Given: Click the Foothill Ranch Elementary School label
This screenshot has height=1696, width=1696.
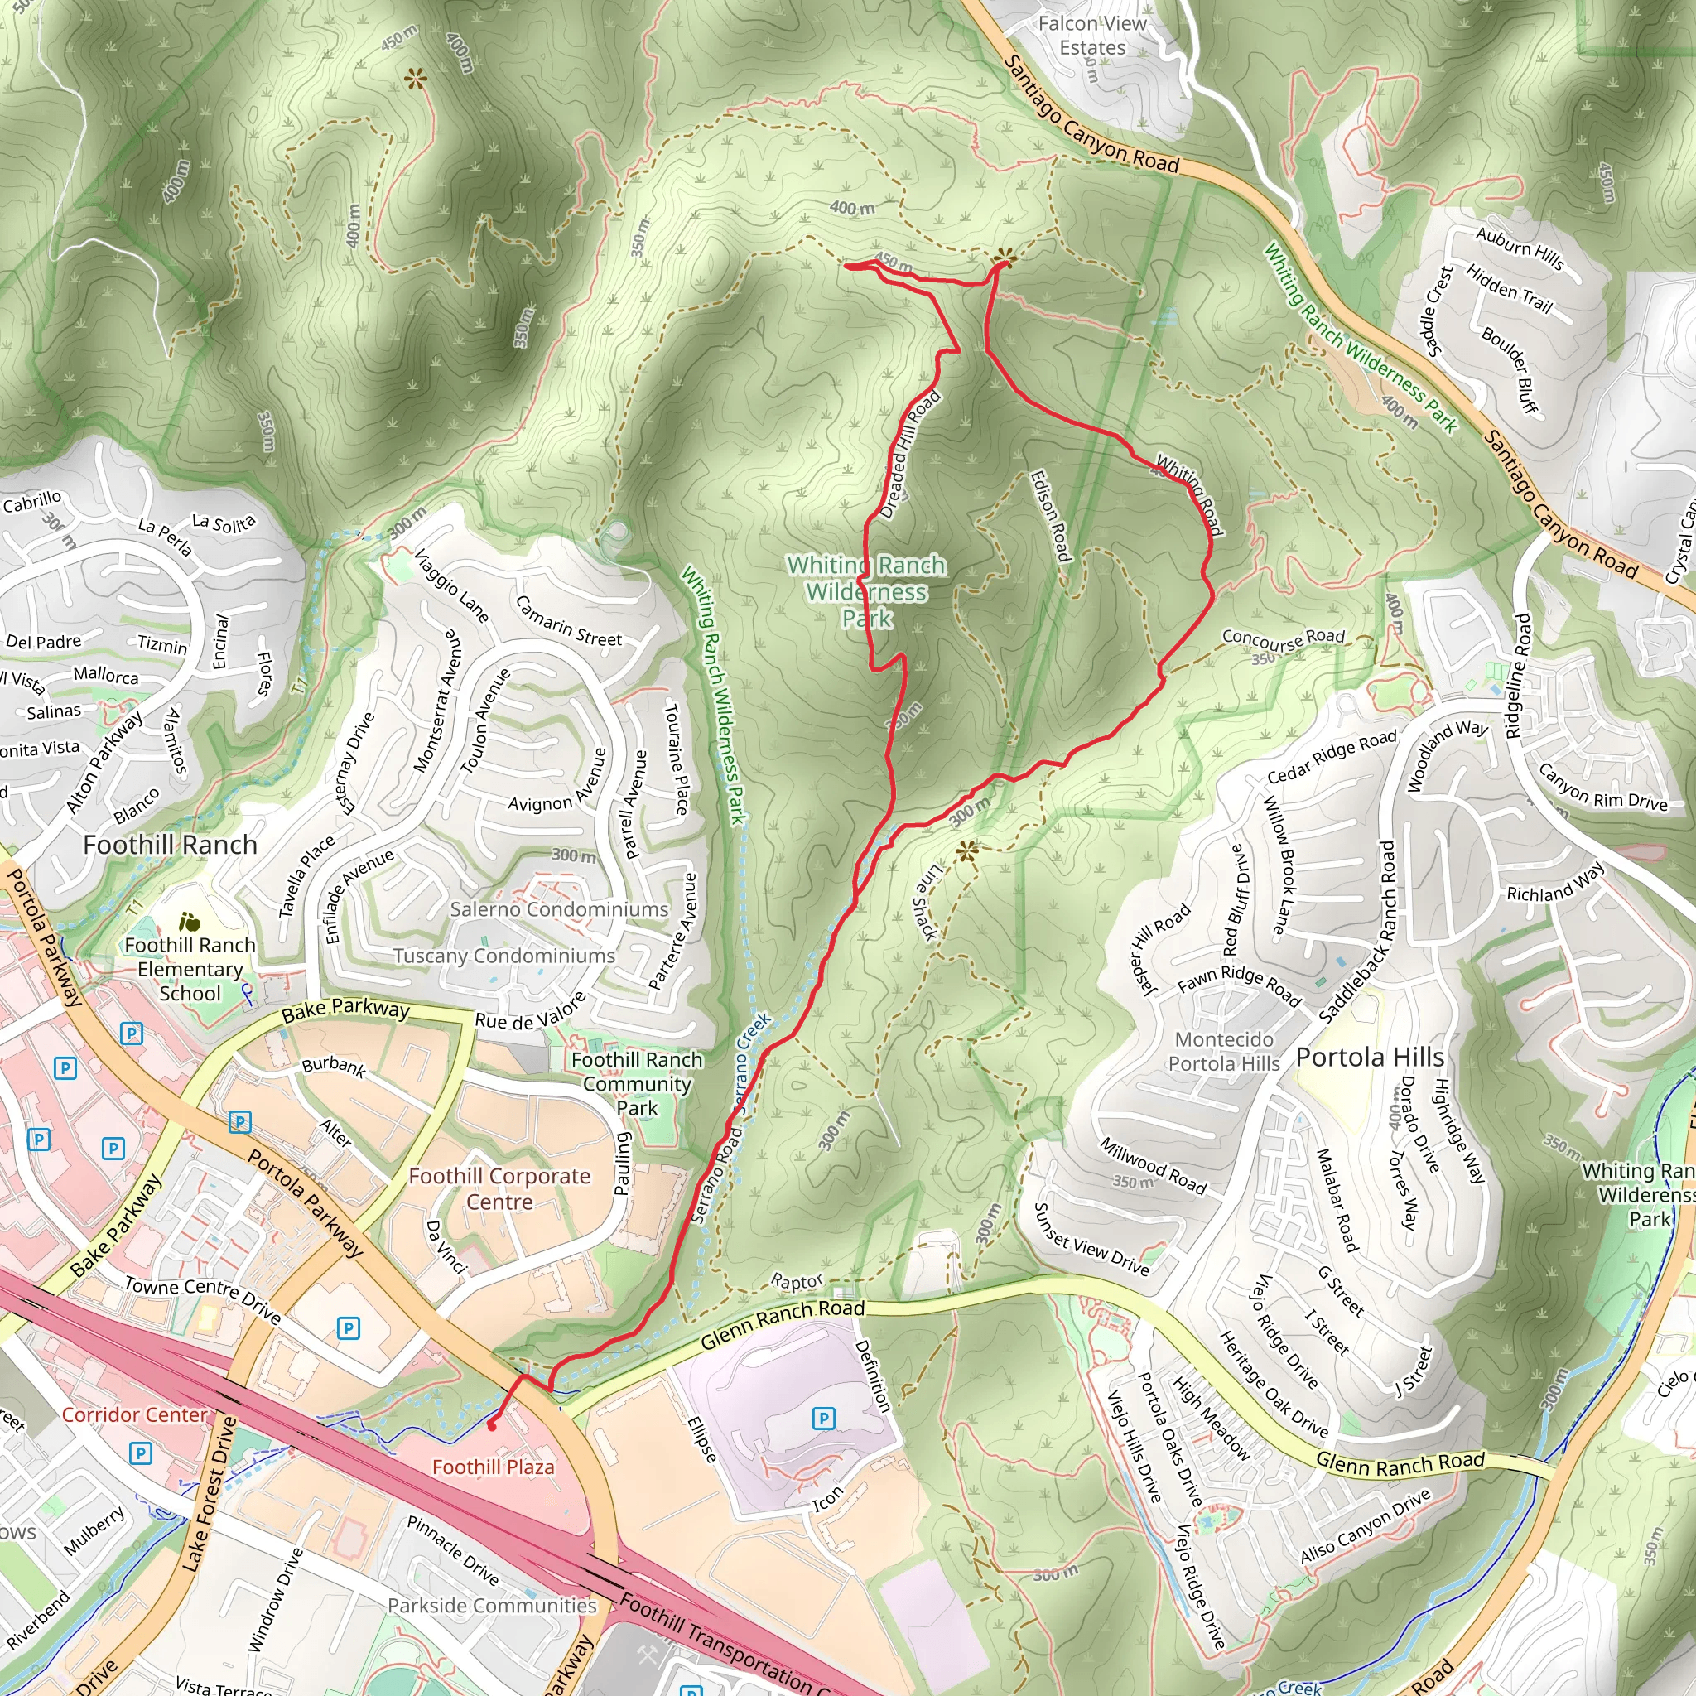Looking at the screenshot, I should [x=190, y=969].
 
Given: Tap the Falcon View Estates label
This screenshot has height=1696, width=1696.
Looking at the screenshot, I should [x=1092, y=36].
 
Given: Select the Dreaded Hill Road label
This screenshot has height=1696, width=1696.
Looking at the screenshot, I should [x=909, y=455].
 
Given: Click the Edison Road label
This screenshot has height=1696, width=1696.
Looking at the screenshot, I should [x=1051, y=516].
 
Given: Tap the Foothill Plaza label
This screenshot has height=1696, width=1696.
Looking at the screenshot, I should [x=494, y=1467].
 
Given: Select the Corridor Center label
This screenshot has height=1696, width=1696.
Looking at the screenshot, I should [x=134, y=1414].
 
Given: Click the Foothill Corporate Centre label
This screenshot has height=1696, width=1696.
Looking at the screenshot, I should [x=499, y=1188].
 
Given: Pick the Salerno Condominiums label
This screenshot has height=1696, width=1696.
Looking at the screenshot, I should [x=559, y=909].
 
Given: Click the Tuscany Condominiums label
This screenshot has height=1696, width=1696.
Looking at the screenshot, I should [x=503, y=956].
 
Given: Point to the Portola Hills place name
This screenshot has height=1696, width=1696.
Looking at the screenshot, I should [x=1370, y=1057].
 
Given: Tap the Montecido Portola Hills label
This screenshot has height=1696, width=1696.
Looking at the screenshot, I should [x=1224, y=1052].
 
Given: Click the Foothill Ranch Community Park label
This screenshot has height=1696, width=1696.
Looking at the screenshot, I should [x=637, y=1083].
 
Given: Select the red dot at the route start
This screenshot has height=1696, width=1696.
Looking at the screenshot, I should [x=492, y=1426].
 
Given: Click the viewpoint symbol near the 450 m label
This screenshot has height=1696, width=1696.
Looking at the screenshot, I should [x=1005, y=258].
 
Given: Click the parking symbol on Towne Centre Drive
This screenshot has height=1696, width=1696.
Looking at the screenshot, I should [x=349, y=1328].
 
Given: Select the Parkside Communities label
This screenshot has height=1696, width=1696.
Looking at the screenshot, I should [x=492, y=1606].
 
